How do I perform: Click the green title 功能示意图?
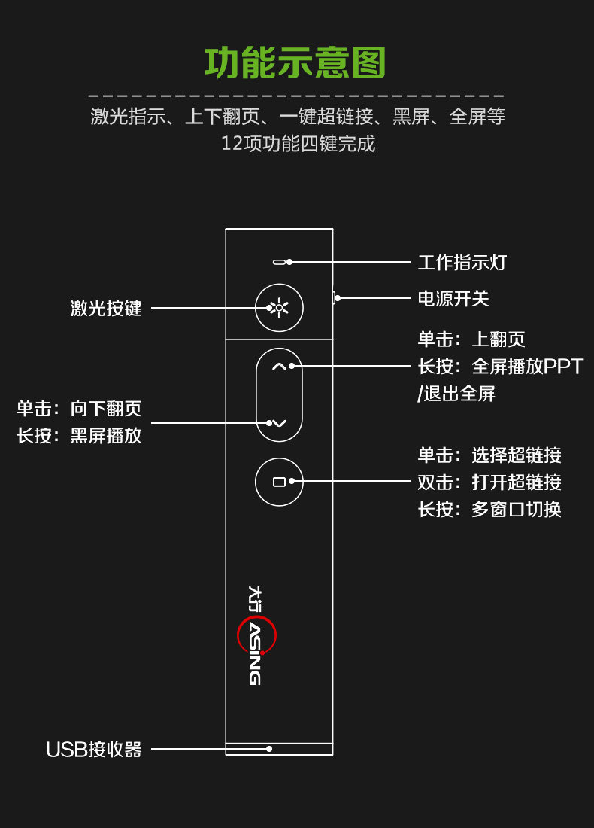[x=295, y=63]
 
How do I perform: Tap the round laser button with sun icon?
[x=279, y=308]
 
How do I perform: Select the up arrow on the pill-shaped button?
[x=279, y=367]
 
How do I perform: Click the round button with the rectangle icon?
[x=279, y=481]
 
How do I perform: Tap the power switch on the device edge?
[x=334, y=298]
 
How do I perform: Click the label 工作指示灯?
[x=462, y=263]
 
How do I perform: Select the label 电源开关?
[x=453, y=299]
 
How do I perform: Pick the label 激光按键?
[x=106, y=308]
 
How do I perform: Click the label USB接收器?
[x=94, y=750]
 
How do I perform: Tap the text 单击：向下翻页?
[x=79, y=409]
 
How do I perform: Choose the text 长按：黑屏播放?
[x=79, y=436]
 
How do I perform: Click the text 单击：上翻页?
[x=471, y=339]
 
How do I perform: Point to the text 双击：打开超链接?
[x=489, y=482]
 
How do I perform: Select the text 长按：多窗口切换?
[x=489, y=510]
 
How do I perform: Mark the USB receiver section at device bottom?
[x=279, y=749]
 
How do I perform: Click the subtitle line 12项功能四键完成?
[x=298, y=143]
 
